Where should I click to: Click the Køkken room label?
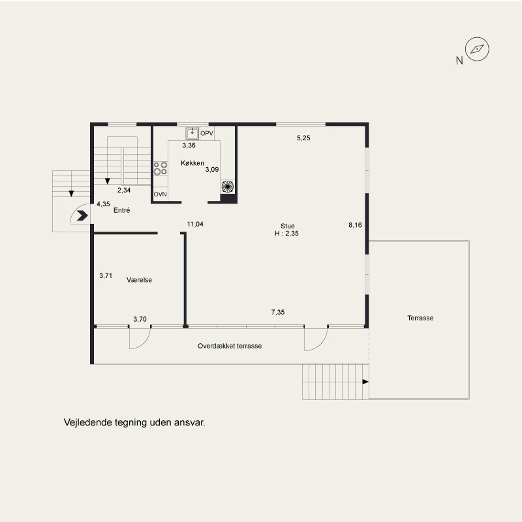(x=192, y=163)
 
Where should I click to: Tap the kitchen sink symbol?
(x=192, y=133)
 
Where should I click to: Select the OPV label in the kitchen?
(x=207, y=134)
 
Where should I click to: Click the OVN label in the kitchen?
(x=160, y=194)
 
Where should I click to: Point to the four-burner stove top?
(x=160, y=168)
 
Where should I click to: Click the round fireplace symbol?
(x=228, y=187)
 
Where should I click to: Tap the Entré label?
(x=121, y=210)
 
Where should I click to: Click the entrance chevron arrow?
(x=82, y=216)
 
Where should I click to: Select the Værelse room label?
(x=139, y=280)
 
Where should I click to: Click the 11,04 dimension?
(x=195, y=224)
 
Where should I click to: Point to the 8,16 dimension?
(x=355, y=225)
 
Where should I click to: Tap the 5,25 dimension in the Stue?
(x=303, y=138)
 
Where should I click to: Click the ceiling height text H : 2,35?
(x=286, y=234)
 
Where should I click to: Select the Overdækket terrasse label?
(x=230, y=346)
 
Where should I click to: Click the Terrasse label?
(x=420, y=318)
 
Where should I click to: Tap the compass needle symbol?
(x=477, y=50)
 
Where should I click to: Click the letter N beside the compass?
(x=459, y=61)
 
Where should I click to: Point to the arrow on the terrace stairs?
(x=365, y=382)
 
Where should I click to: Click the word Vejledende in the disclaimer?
(x=88, y=422)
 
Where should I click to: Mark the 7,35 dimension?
(x=278, y=313)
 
